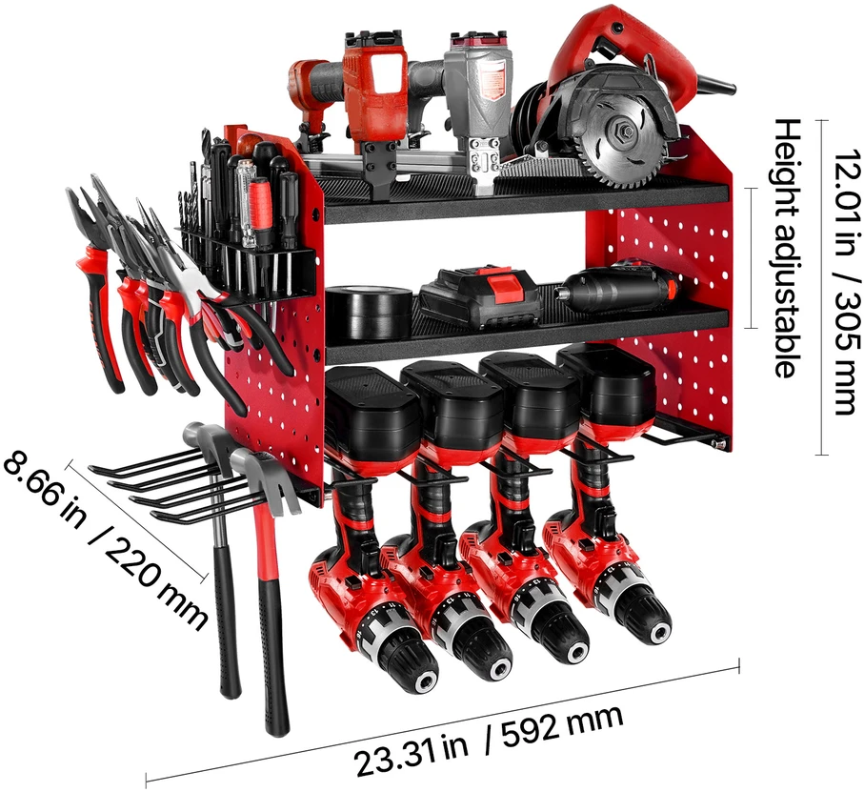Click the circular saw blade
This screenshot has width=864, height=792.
626,132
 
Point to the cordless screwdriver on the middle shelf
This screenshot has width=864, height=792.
617,288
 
